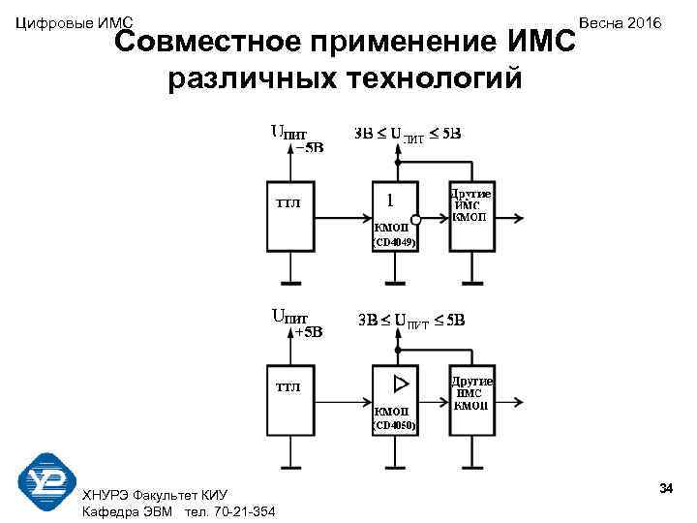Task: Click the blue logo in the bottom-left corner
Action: click(x=46, y=482)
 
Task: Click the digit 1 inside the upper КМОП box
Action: click(x=389, y=201)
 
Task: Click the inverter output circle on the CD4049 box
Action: click(x=416, y=218)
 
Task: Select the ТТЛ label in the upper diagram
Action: click(x=288, y=203)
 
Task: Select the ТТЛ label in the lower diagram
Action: click(x=288, y=387)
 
